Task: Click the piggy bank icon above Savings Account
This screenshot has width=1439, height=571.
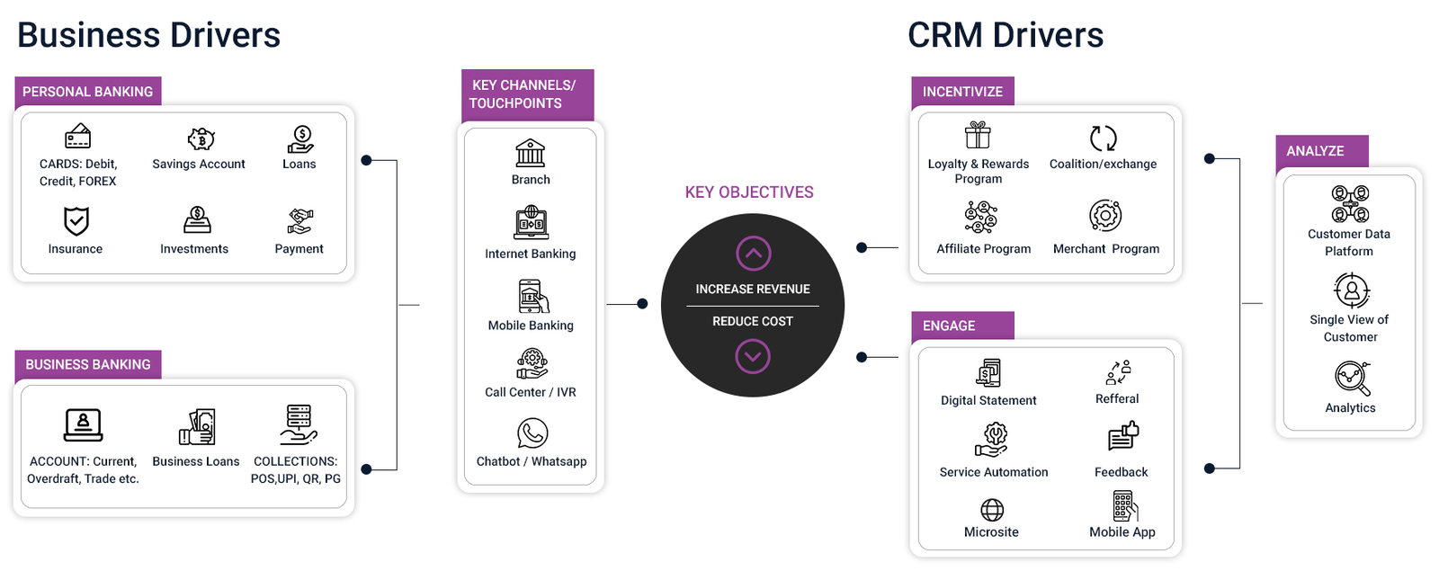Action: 201,138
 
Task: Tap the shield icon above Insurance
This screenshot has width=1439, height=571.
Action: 76,220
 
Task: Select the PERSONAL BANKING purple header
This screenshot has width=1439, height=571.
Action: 87,92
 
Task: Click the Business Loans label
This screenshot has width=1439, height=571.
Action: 196,461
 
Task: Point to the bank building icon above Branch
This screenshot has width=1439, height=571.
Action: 531,153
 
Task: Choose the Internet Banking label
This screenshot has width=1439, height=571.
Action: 531,254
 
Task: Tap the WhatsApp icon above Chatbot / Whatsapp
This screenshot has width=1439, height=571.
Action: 532,433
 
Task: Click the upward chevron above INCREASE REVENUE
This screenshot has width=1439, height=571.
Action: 753,254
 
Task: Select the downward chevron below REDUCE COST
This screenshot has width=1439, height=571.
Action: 753,357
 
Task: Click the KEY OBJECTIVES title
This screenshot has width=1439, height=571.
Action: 749,192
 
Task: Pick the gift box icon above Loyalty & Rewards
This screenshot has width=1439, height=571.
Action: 978,136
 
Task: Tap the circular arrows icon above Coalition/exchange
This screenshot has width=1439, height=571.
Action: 1104,138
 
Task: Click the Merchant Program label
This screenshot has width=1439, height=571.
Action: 1106,249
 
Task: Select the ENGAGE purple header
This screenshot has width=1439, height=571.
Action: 949,326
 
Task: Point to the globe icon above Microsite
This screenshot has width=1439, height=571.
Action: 992,510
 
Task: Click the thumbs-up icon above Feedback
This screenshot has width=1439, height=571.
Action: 1123,435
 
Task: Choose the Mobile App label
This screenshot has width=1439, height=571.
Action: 1122,532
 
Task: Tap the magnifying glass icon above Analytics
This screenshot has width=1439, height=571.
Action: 1352,378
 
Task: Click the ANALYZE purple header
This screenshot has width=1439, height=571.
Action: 1315,151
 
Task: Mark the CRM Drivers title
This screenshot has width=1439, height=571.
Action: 1006,36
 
